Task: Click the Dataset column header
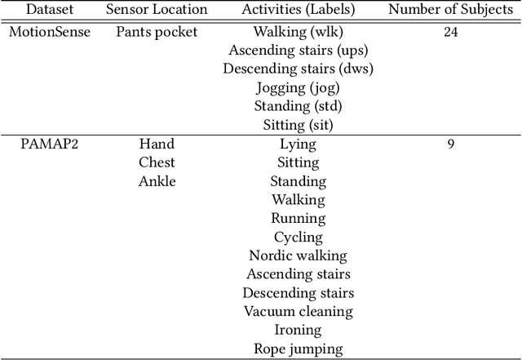[49, 11]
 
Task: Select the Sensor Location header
[157, 11]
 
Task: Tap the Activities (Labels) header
[298, 11]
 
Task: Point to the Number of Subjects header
[449, 11]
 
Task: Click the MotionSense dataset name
[49, 32]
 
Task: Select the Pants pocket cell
[157, 32]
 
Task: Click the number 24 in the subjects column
[449, 32]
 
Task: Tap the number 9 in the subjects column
[450, 144]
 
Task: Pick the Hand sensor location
[157, 144]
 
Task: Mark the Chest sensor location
[157, 162]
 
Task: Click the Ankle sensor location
[157, 181]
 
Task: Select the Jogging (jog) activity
[298, 87]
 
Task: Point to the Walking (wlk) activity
[298, 32]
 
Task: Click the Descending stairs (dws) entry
[298, 69]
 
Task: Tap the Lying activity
[298, 144]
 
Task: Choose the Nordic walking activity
[298, 256]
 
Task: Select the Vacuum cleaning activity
[298, 311]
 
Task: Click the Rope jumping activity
[298, 349]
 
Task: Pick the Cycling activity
[298, 237]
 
